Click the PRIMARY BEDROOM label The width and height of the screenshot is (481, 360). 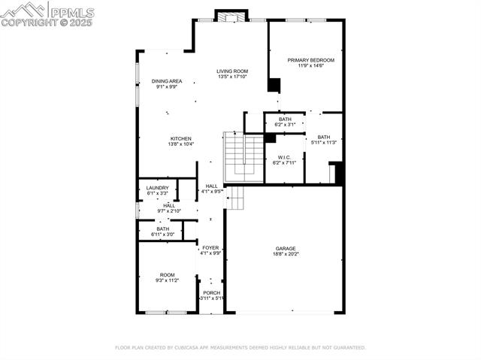coord(310,59)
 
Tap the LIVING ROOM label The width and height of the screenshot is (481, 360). coord(232,71)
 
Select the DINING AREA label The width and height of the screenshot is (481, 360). coord(167,81)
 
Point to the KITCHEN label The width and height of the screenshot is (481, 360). coord(180,138)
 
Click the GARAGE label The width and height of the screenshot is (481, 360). coord(285,248)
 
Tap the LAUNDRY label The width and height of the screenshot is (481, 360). coord(157,188)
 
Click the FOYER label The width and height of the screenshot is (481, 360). coord(210,247)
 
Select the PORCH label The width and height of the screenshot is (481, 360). coord(211,292)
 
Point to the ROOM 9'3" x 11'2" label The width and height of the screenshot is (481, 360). coord(167,275)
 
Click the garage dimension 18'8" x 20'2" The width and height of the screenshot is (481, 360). coord(285,254)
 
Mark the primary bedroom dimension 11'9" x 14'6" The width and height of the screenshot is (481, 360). coord(310,66)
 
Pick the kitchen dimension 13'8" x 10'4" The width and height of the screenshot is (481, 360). coord(180,144)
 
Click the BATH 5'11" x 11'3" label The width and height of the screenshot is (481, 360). coord(323,137)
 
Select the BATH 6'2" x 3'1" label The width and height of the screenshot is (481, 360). coord(285,119)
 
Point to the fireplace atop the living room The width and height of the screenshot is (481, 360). coord(231,16)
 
